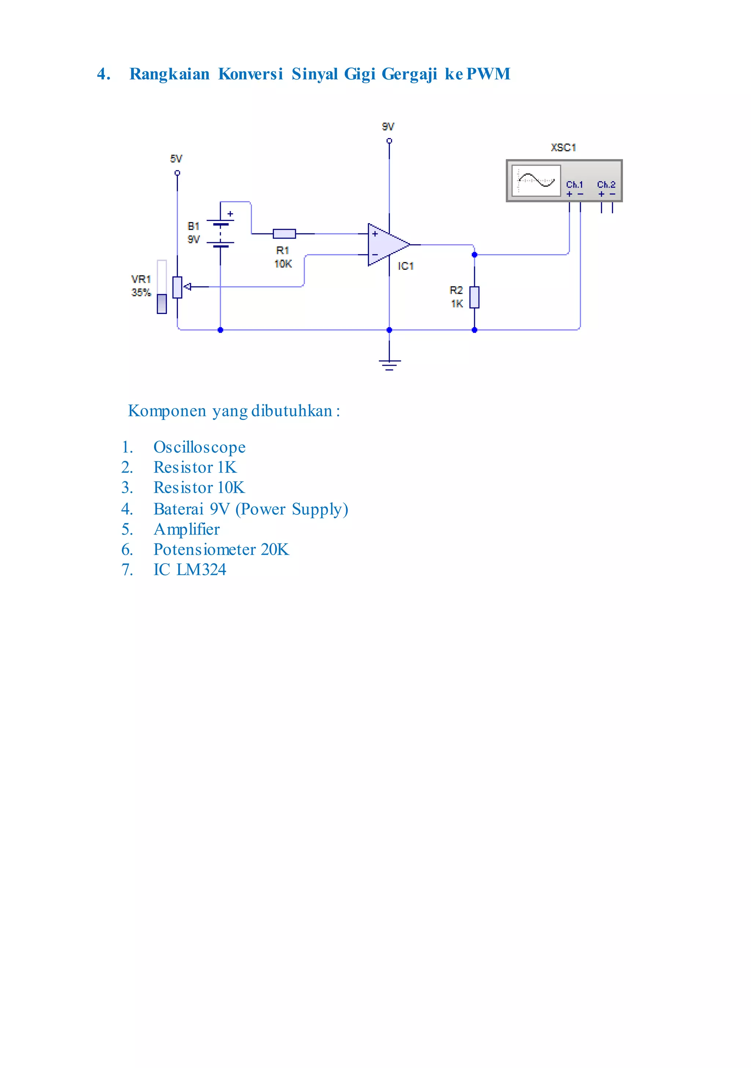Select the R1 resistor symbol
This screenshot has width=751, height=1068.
point(284,233)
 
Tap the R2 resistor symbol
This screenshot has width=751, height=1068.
point(474,297)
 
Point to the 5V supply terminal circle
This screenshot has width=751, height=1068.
point(177,173)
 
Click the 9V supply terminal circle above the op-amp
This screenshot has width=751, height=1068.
point(389,141)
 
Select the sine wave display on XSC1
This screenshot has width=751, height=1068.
point(536,181)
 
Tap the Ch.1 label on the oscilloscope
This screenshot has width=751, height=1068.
point(574,185)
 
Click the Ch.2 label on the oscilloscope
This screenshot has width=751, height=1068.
point(606,185)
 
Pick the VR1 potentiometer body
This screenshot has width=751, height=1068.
point(177,287)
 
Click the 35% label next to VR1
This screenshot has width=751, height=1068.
point(141,293)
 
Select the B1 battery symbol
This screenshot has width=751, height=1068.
point(220,233)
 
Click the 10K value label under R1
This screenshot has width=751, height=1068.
point(283,264)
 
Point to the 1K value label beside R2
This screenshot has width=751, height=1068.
point(457,304)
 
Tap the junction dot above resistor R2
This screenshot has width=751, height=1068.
point(474,255)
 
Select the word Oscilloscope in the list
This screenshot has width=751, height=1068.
point(199,447)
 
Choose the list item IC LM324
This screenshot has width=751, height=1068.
point(190,570)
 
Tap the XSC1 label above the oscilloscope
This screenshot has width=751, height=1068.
point(563,148)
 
